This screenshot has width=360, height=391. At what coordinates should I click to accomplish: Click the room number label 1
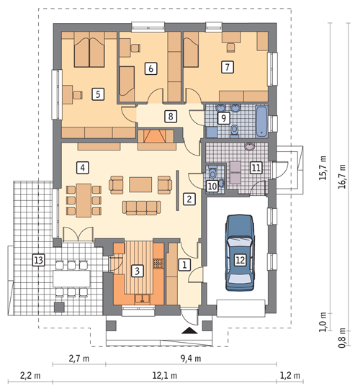click(184, 265)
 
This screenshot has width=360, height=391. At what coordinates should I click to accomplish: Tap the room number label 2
click(189, 198)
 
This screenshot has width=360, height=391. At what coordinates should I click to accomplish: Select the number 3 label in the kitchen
click(137, 271)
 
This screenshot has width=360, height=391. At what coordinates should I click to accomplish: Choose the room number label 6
click(150, 68)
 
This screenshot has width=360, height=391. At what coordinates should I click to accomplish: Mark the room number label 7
click(227, 68)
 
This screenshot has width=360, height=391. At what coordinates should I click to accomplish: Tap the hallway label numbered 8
click(170, 116)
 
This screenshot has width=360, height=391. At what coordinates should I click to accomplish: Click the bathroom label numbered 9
click(223, 117)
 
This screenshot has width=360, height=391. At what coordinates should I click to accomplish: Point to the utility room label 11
click(255, 168)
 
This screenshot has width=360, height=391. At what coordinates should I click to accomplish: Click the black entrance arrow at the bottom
click(189, 331)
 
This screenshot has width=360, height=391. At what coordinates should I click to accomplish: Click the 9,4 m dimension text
click(189, 356)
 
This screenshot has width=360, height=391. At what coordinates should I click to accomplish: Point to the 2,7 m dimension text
click(78, 356)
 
